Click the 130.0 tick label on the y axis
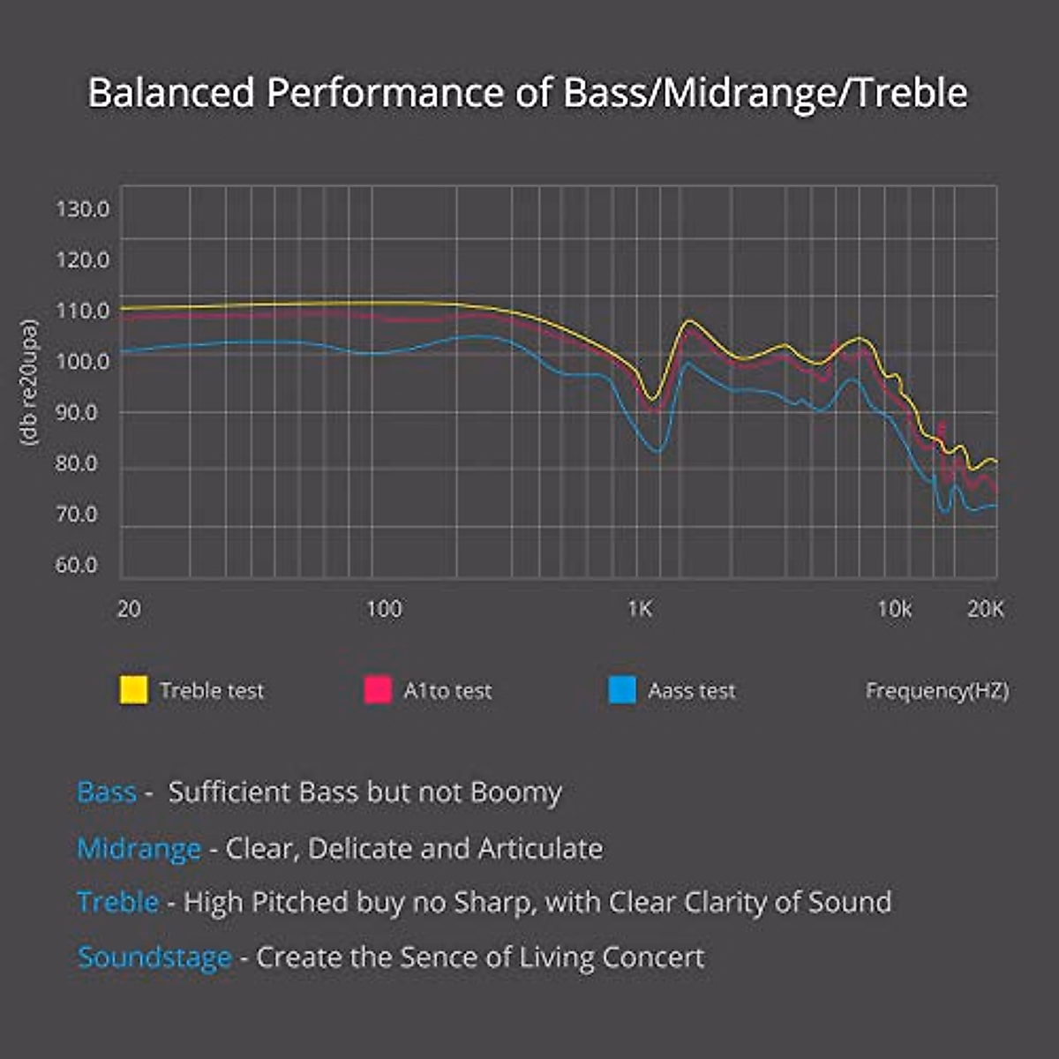tap(82, 209)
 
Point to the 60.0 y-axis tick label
tap(76, 565)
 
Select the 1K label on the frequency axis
tap(639, 609)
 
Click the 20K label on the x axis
tap(985, 609)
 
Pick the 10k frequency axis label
tap(894, 609)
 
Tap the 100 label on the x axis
tap(383, 609)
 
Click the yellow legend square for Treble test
tap(133, 690)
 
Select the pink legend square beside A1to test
tap(378, 690)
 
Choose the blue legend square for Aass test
tap(622, 690)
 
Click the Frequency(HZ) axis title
tap(936, 690)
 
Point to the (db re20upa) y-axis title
tap(29, 381)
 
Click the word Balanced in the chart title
tap(171, 93)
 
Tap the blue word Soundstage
tap(154, 958)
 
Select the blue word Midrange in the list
tap(139, 849)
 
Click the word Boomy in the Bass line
tap(515, 792)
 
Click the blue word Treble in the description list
tap(117, 902)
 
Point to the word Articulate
tap(540, 849)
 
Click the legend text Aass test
tap(691, 690)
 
